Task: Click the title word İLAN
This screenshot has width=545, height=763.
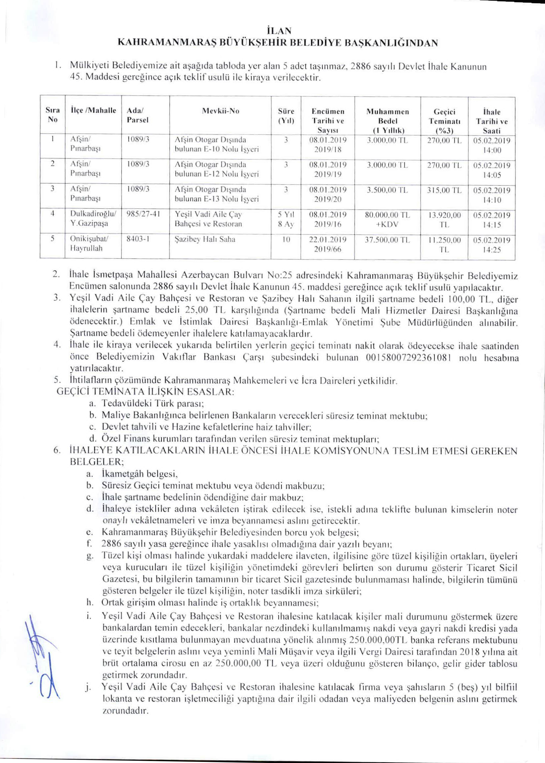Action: coord(272,31)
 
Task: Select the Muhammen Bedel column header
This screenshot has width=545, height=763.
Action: coord(388,121)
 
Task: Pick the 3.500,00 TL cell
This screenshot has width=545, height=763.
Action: coord(387,190)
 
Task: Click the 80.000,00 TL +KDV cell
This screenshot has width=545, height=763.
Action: coord(388,219)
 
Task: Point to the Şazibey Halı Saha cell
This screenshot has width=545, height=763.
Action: coord(205,239)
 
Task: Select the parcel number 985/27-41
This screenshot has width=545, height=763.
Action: coord(143,215)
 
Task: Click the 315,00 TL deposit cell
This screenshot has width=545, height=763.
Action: coord(444,190)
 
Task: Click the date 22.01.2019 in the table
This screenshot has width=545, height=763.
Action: coord(328,240)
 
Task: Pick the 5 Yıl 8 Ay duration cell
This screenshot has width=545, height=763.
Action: coord(286,219)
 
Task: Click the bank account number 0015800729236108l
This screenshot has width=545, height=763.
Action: coord(407,358)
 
